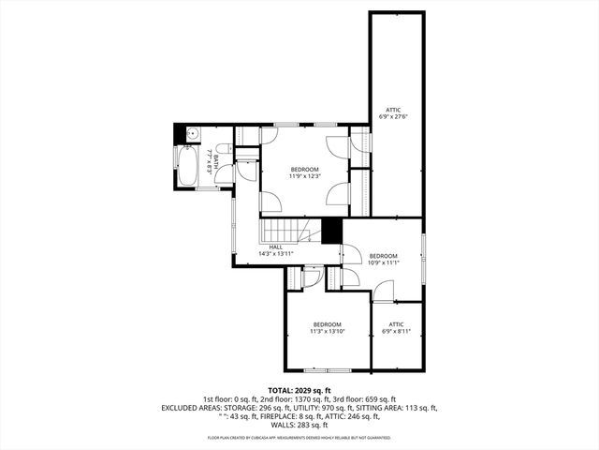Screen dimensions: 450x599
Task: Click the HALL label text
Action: tap(276, 247)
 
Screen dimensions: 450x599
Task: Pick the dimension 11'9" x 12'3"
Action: tap(305, 175)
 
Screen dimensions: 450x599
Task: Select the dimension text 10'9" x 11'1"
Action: tap(384, 262)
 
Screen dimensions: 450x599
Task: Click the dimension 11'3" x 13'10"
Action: tap(327, 331)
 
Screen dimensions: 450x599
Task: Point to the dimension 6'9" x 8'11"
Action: tap(396, 331)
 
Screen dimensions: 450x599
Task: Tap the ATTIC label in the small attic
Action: tap(396, 324)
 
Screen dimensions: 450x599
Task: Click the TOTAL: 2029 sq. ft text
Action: tap(299, 390)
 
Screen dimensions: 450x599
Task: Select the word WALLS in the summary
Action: tap(286, 425)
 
